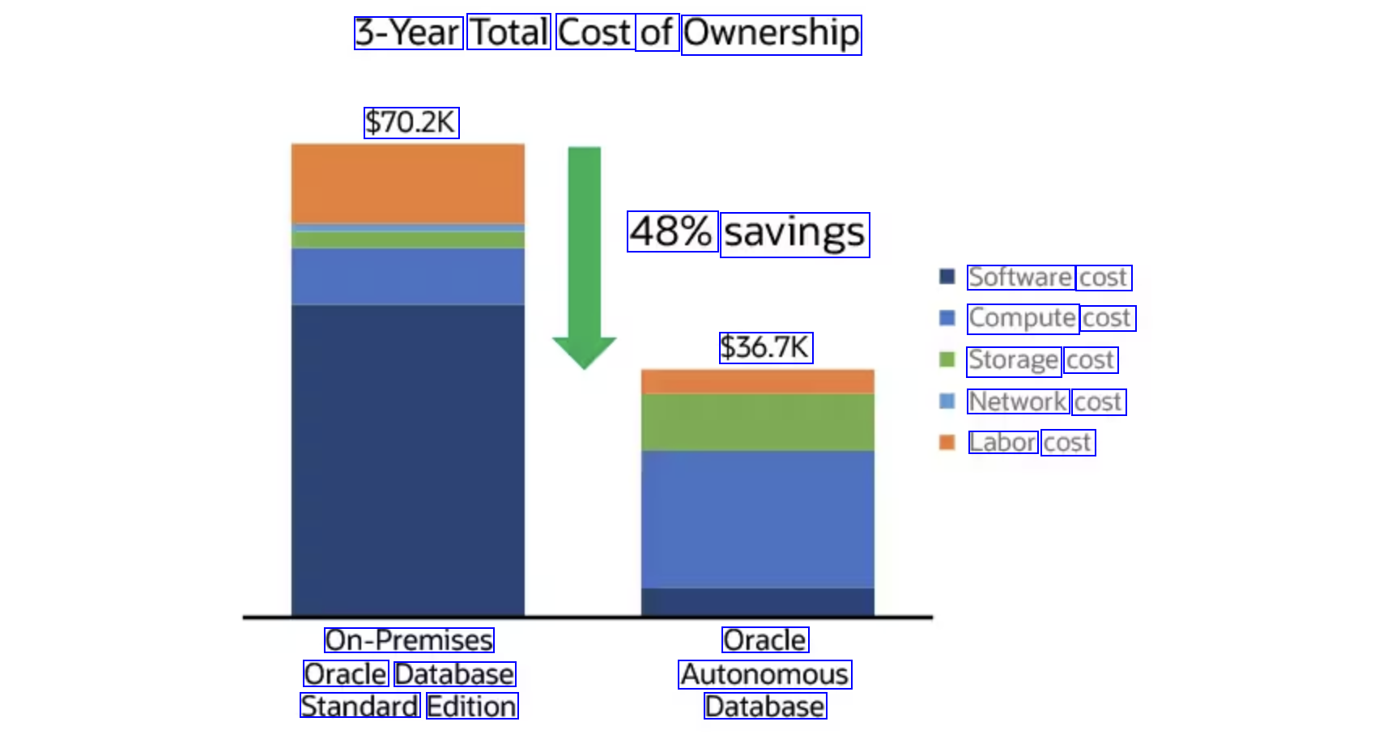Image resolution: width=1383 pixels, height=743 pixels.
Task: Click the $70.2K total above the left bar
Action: tap(411, 122)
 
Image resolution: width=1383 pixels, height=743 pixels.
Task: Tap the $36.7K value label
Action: tap(766, 347)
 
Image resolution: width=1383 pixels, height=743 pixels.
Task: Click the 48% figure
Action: tap(672, 231)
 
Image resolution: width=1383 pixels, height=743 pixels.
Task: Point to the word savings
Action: tap(794, 234)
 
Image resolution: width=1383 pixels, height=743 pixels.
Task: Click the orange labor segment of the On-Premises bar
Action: tap(407, 183)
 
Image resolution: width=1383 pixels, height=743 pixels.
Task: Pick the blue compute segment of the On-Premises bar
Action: tap(407, 276)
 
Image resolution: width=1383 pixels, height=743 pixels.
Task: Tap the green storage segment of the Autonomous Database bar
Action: tap(757, 422)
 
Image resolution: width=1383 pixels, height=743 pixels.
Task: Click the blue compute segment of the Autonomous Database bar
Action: tap(757, 518)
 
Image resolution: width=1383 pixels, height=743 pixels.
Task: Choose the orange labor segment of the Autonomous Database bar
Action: tap(757, 381)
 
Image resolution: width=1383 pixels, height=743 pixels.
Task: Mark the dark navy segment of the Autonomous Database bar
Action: tap(757, 601)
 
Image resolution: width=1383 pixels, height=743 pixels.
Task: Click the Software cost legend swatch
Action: tap(947, 277)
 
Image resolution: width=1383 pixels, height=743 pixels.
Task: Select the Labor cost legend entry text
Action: tap(1031, 443)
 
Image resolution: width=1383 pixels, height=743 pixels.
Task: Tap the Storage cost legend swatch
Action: tap(947, 359)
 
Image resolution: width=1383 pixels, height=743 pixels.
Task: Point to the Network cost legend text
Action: tap(1045, 401)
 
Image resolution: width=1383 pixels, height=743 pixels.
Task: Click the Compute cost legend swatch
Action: tap(947, 318)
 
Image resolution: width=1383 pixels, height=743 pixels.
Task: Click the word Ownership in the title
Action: tap(771, 34)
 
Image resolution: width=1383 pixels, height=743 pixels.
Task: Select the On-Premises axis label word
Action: tap(409, 640)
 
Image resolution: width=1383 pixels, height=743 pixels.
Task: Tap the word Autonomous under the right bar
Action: tap(764, 674)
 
